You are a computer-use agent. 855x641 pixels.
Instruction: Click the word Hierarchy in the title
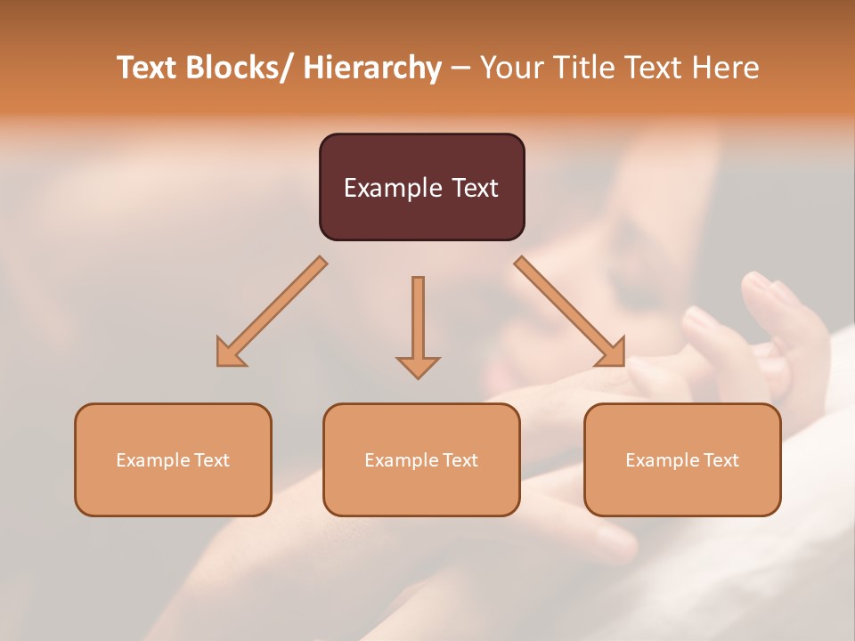(372, 68)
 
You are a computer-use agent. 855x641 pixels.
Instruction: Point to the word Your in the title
(512, 68)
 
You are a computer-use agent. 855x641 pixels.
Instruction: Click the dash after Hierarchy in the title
(460, 69)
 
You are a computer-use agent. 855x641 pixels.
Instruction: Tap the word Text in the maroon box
(473, 188)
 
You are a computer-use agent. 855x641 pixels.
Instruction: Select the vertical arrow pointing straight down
(418, 320)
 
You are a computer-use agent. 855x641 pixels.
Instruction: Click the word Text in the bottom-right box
(721, 460)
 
